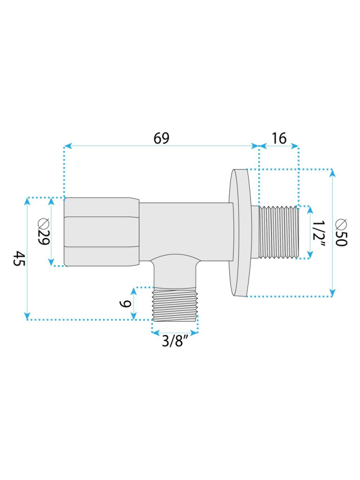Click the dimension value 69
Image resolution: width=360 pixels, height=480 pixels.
161,138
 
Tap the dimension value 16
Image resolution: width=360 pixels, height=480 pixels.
279,138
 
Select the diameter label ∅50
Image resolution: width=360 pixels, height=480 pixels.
342,233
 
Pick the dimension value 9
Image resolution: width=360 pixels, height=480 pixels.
124,303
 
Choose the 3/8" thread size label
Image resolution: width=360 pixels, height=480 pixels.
174,342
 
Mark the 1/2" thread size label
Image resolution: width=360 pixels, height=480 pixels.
320,233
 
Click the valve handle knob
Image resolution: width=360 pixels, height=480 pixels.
101,232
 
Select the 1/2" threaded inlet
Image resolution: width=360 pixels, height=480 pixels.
279,232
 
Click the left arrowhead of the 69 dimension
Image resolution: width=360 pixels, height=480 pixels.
67,146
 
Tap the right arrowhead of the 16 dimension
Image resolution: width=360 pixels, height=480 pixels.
296,146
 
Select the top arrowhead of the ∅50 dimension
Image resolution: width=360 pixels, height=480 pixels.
332,172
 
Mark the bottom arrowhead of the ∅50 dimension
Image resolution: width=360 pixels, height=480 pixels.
332,293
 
